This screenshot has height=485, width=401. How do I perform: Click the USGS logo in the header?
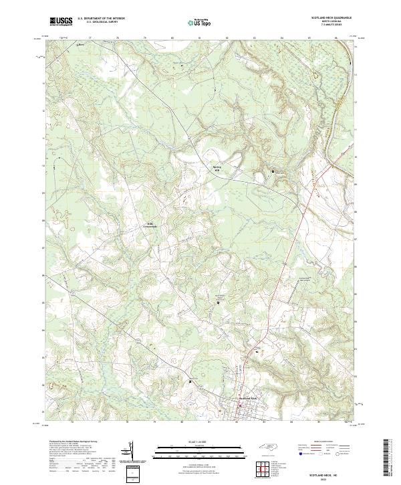point(61,21)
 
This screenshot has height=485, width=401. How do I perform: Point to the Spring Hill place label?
point(216,168)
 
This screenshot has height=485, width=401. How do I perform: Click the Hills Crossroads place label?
point(152,225)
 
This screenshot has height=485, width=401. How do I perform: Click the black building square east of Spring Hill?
point(272,173)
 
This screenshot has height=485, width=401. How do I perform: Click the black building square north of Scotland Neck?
point(218,303)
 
